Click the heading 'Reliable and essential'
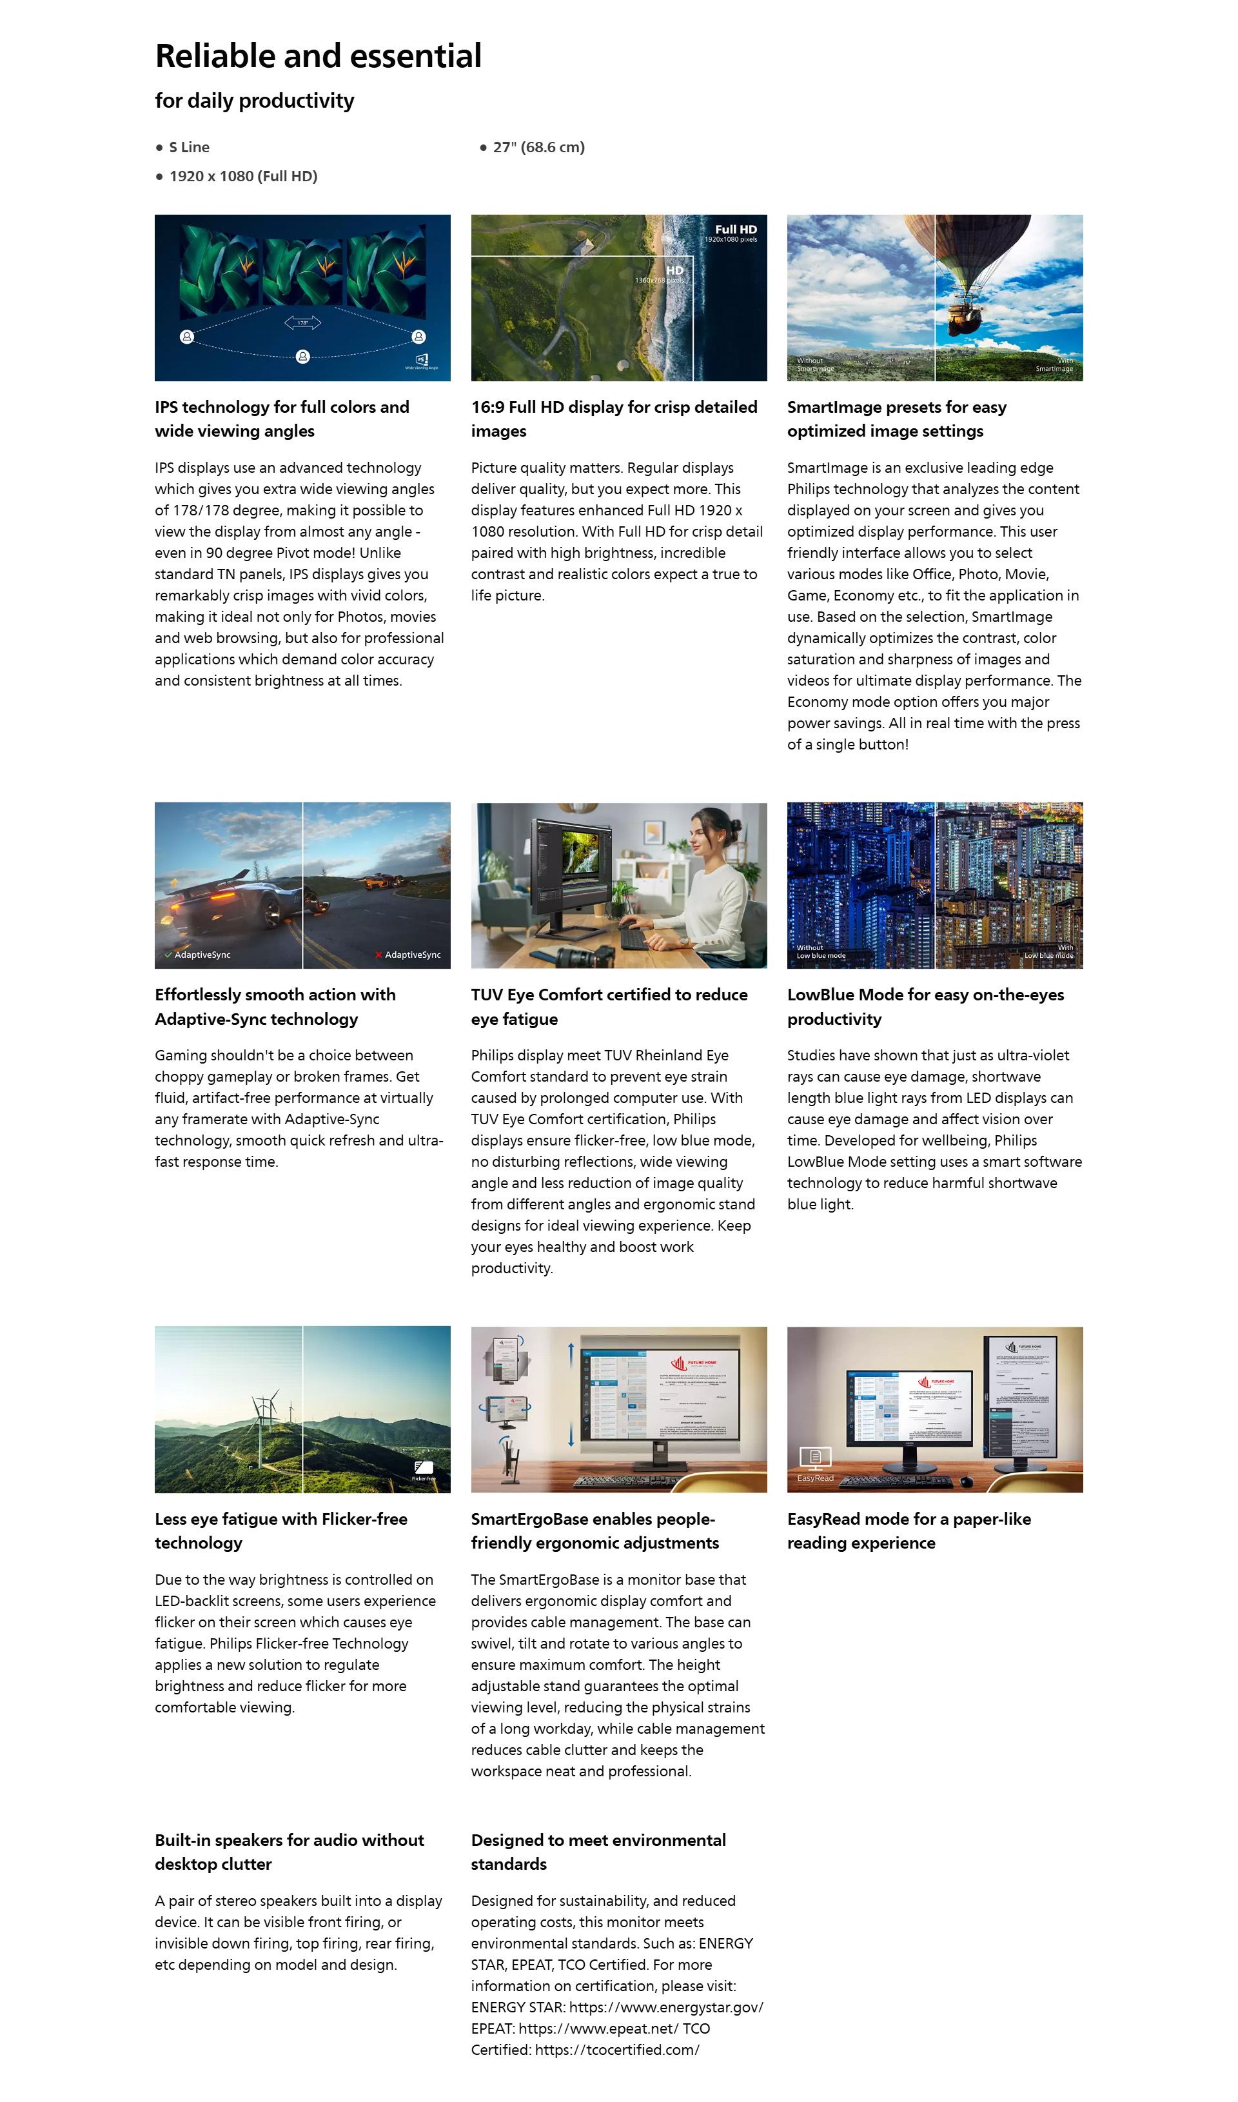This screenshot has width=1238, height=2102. tap(318, 56)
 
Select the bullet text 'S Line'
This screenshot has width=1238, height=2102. tap(190, 147)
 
